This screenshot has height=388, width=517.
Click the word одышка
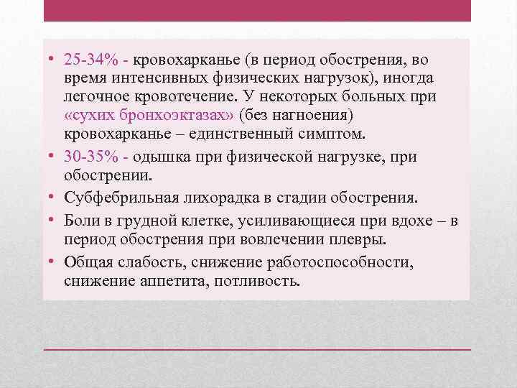[x=149, y=157]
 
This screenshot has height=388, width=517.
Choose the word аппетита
[x=171, y=280]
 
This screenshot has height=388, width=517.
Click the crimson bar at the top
[x=258, y=10]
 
